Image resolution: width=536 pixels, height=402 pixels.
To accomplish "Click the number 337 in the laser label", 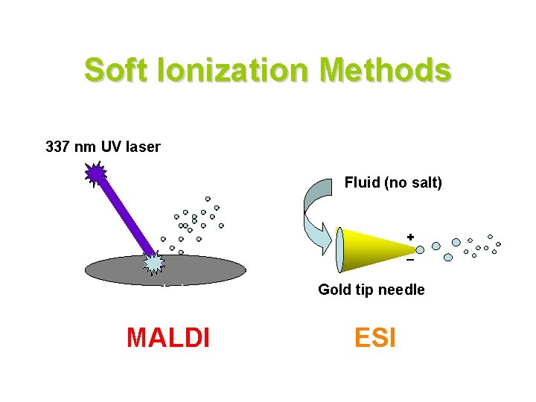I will pyautogui.click(x=59, y=147).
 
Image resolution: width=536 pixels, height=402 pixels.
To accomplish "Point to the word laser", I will pyautogui.click(x=144, y=147).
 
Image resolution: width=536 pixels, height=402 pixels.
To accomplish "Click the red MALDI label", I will pyautogui.click(x=168, y=337).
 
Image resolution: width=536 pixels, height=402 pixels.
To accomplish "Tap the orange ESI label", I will pyautogui.click(x=374, y=337).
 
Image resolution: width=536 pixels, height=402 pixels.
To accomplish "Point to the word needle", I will pyautogui.click(x=403, y=290).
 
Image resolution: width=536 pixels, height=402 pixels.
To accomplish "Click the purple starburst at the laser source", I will pyautogui.click(x=95, y=174).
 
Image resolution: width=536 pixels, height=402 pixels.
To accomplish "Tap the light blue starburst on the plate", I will pyautogui.click(x=153, y=261).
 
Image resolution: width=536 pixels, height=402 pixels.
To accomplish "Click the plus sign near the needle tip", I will pyautogui.click(x=409, y=237).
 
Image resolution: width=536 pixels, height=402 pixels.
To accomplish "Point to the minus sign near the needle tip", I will pyautogui.click(x=410, y=261).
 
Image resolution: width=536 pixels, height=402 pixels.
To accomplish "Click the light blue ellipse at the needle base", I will pyautogui.click(x=340, y=249).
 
